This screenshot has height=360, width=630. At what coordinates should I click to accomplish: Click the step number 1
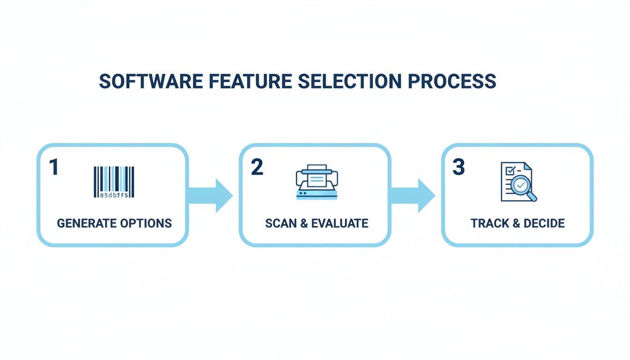pos(54,167)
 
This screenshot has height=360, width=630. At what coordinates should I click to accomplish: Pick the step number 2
pos(257,167)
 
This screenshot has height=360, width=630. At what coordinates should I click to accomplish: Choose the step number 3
pos(458,167)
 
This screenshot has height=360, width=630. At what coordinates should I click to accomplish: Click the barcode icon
pos(114,182)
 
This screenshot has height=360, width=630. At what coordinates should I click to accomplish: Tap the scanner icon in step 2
pos(317,182)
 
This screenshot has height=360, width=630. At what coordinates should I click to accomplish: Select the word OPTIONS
pos(146,223)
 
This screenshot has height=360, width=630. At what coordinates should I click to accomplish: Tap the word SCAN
pos(281,223)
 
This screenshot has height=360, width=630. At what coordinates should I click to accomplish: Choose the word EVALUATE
pos(340,223)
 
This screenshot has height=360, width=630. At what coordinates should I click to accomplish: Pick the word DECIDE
pos(544,223)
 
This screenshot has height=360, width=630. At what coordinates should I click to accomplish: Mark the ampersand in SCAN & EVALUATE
pos(304,223)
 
